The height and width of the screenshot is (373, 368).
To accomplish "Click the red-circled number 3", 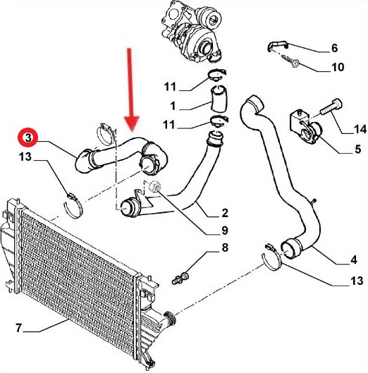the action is [28, 137].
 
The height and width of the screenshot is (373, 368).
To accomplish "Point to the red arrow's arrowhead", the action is [132, 123].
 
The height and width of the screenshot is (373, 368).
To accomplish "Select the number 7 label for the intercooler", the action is [19, 328].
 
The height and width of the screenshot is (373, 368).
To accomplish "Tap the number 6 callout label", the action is [334, 48].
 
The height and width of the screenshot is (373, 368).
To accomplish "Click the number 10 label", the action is [338, 67].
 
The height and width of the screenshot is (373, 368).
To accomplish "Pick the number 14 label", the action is [360, 129].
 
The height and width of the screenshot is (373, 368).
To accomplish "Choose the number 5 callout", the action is [357, 149].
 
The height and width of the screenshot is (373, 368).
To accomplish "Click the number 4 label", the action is [354, 259].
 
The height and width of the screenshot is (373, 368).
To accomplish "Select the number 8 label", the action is [225, 247].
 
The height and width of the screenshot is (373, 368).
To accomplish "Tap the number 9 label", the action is [225, 231].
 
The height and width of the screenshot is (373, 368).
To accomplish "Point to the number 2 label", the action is [225, 213].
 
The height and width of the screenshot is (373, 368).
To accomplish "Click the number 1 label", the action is [173, 106].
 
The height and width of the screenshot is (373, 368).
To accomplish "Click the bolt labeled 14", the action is [331, 106].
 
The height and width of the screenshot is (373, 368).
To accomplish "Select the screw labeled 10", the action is [290, 61].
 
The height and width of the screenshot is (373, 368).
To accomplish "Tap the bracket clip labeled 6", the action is [277, 46].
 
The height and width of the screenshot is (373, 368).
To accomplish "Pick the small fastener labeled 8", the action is [180, 278].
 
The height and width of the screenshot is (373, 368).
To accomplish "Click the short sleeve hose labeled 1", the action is [219, 99].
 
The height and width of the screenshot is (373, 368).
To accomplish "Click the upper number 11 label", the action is [170, 87].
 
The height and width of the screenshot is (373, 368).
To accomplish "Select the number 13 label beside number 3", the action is [25, 157].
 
